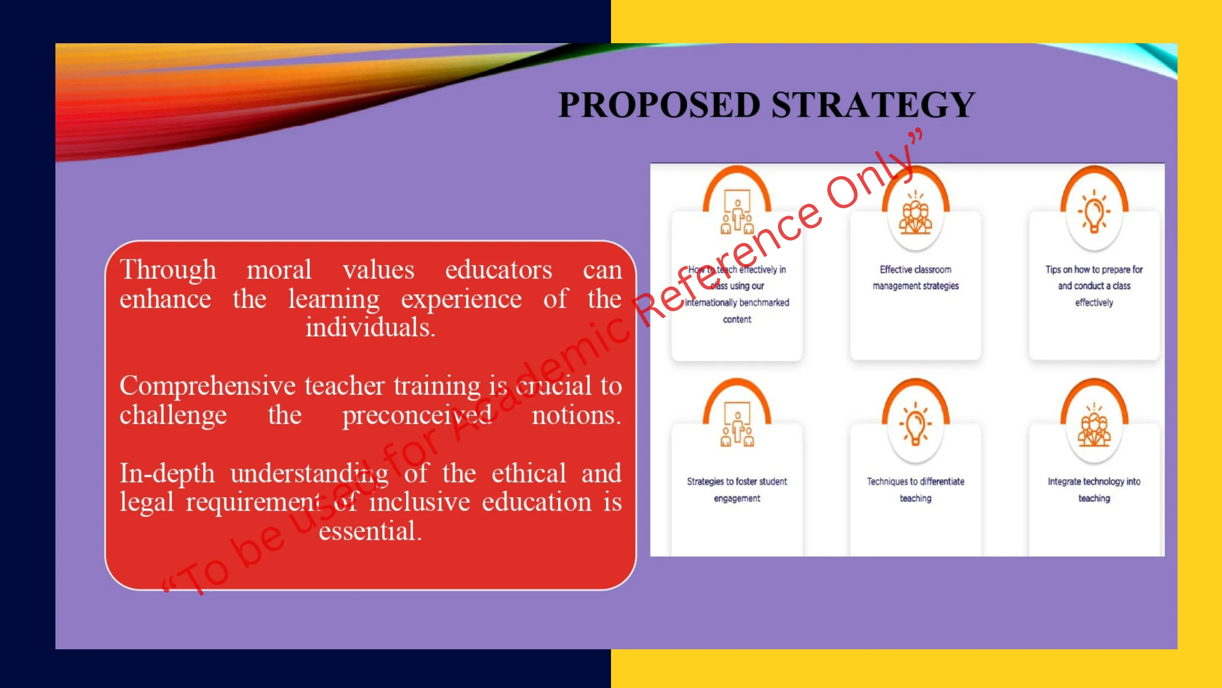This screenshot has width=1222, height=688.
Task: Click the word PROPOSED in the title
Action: [x=659, y=104]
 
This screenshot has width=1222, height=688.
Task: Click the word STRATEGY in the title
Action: [x=873, y=104]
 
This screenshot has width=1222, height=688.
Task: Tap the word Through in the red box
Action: [x=168, y=270]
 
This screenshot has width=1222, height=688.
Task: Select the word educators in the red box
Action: [x=499, y=270]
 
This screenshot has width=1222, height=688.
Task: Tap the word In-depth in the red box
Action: [x=167, y=473]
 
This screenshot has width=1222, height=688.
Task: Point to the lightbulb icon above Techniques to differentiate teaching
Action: [x=916, y=424]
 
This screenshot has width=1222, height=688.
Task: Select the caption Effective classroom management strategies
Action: [x=916, y=277]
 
